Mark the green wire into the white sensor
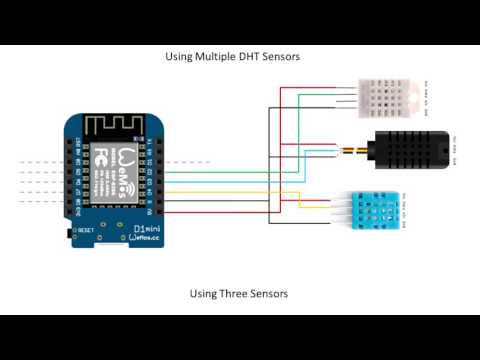[320, 96]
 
